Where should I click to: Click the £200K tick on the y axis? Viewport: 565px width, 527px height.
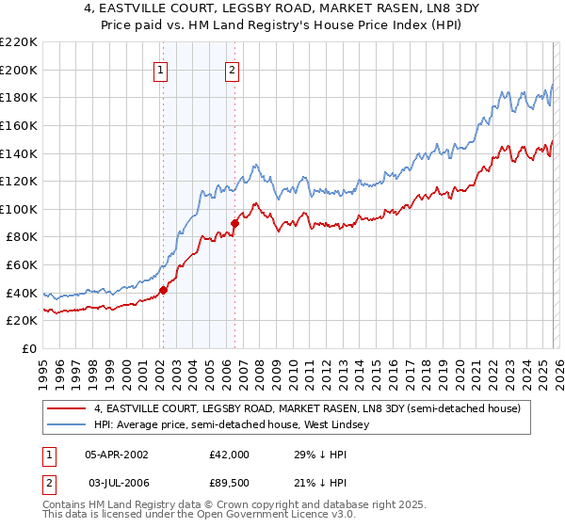pyautogui.click(x=19, y=70)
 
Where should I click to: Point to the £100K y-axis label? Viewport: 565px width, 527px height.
pyautogui.click(x=19, y=209)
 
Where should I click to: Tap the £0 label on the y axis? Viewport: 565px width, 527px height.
pyautogui.click(x=28, y=348)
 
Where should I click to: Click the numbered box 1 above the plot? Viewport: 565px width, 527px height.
pyautogui.click(x=161, y=70)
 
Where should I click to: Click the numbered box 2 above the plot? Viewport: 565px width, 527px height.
pyautogui.click(x=232, y=70)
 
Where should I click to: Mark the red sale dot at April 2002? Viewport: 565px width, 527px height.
pyautogui.click(x=163, y=290)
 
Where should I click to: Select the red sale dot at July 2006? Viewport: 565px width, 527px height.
pyautogui.click(x=234, y=223)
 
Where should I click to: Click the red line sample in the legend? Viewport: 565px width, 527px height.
pyautogui.click(x=66, y=409)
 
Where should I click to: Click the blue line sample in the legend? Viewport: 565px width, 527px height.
pyautogui.click(x=66, y=425)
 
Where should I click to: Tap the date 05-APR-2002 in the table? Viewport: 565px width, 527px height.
pyautogui.click(x=117, y=454)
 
